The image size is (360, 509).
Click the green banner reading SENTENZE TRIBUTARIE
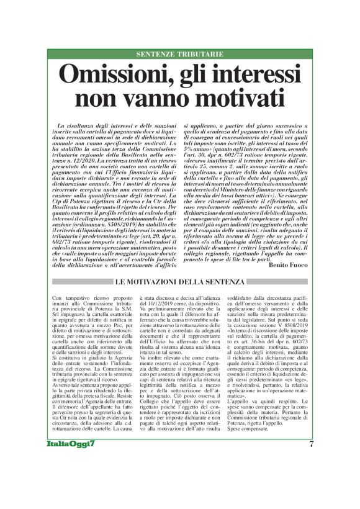[179, 55]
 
